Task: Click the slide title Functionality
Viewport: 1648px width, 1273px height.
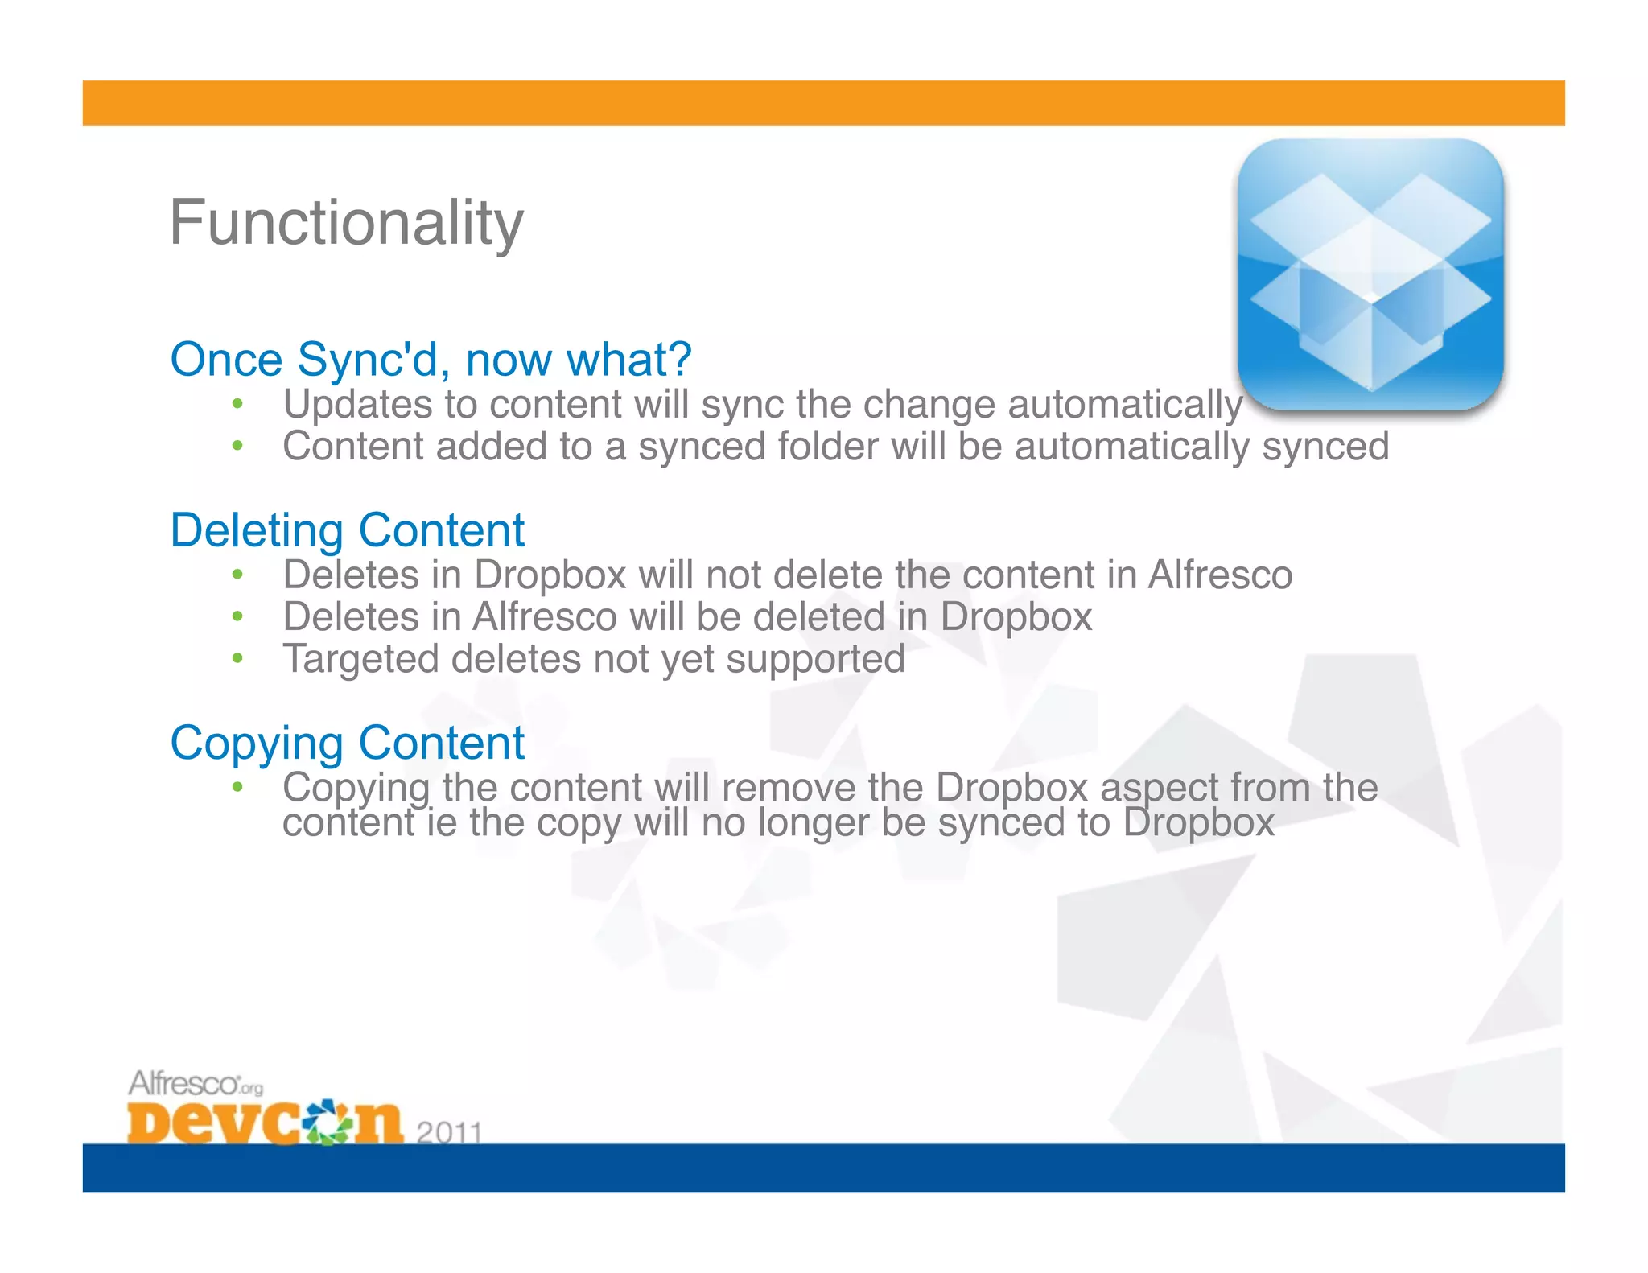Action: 346,224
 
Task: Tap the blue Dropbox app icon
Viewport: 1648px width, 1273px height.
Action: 1370,274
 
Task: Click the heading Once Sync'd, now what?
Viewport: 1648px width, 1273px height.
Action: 431,359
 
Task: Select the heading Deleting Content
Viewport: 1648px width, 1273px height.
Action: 347,530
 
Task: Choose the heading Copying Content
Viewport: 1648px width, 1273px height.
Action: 347,743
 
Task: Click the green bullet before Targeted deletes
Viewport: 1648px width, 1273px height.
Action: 237,659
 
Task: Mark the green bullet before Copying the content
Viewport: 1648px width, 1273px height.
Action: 237,786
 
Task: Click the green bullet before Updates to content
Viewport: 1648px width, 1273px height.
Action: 237,404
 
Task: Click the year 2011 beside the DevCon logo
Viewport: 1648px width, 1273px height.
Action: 449,1132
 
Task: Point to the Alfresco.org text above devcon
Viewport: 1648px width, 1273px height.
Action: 195,1084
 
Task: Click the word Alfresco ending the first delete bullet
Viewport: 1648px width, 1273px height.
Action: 1219,575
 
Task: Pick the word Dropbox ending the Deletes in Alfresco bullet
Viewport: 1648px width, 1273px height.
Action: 1016,618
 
